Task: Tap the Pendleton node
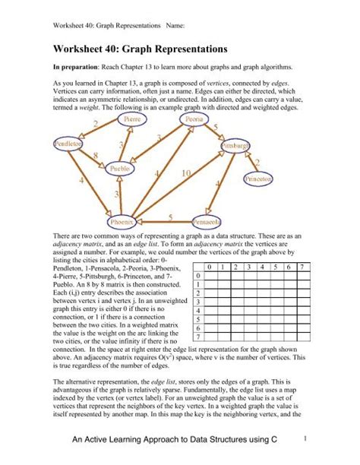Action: pyautogui.click(x=68, y=144)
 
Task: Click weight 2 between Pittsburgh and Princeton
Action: pyautogui.click(x=257, y=161)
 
